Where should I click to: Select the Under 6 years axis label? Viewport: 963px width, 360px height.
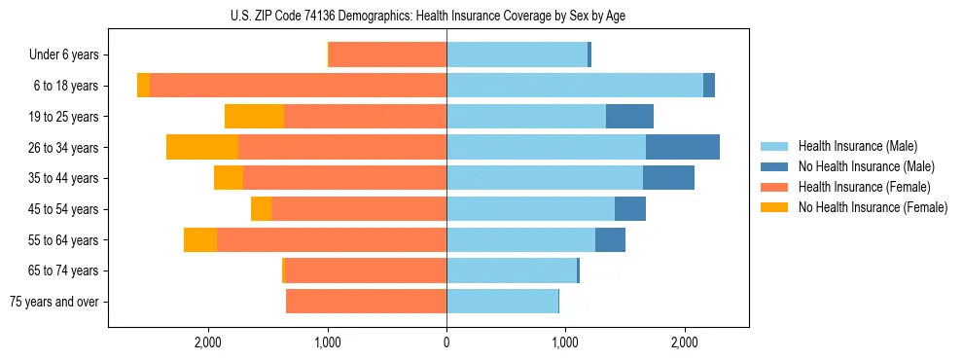click(70, 55)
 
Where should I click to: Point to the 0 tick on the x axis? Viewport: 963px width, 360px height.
click(446, 342)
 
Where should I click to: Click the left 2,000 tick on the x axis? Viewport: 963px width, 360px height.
click(208, 342)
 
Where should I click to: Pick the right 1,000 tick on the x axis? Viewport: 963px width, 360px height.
click(565, 342)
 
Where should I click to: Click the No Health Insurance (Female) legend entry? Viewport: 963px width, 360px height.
click(873, 207)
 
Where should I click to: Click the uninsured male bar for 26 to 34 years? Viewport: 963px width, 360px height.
click(683, 147)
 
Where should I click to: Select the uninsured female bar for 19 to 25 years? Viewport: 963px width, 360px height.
click(254, 117)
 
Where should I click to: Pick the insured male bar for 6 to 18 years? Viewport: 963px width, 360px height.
click(575, 86)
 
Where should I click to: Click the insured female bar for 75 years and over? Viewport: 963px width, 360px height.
click(366, 302)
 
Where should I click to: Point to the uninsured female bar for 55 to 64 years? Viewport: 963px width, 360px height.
click(200, 240)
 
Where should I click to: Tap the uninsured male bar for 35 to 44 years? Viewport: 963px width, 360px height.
click(668, 178)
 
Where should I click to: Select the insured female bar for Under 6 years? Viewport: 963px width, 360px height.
click(387, 55)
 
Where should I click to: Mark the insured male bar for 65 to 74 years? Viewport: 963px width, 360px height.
click(512, 270)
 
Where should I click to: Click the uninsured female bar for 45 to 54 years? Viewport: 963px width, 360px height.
click(261, 209)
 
